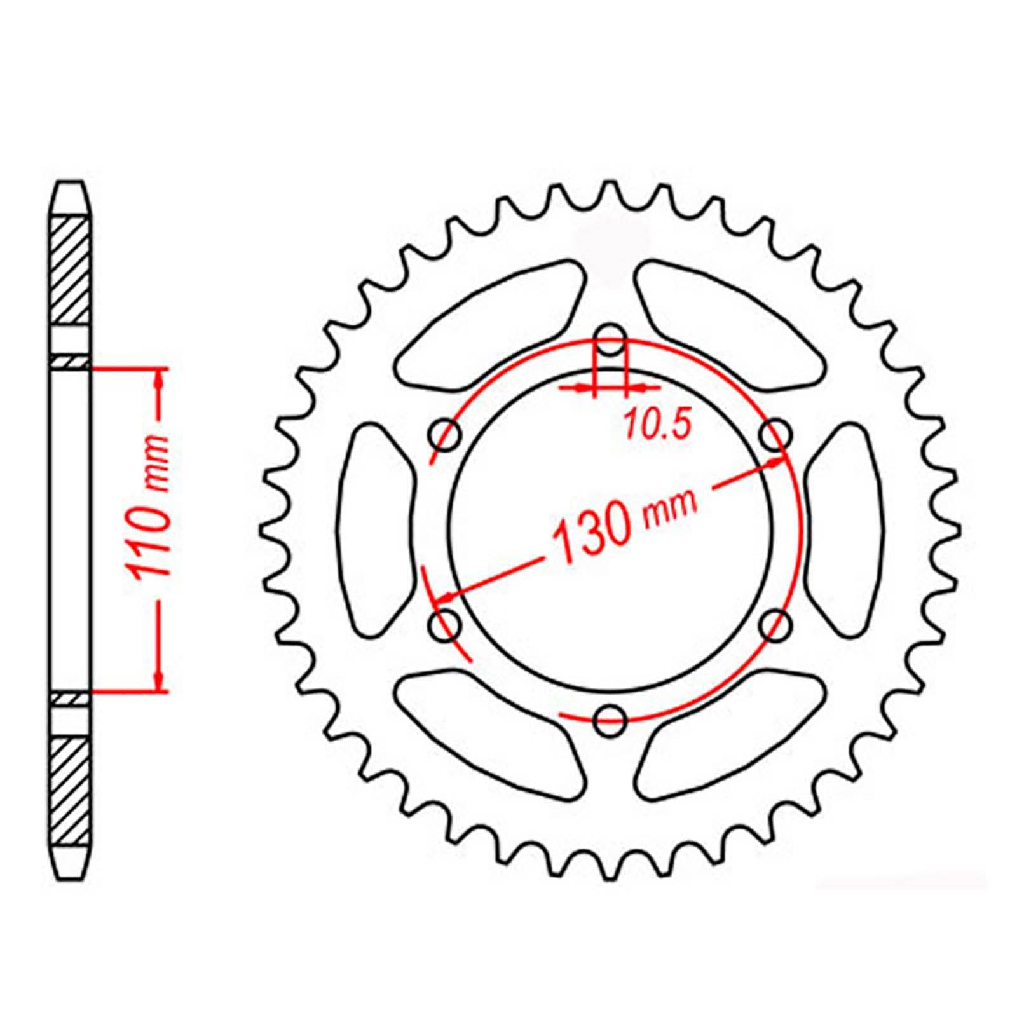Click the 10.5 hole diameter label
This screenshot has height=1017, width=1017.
pyautogui.click(x=657, y=424)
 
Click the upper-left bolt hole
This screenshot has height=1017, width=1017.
pyautogui.click(x=446, y=435)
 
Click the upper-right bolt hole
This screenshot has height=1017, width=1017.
pyautogui.click(x=775, y=435)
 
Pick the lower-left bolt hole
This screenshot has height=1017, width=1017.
pyautogui.click(x=446, y=625)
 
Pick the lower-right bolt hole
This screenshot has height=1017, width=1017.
pyautogui.click(x=775, y=625)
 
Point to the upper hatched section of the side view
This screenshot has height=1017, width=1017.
pyautogui.click(x=69, y=270)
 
